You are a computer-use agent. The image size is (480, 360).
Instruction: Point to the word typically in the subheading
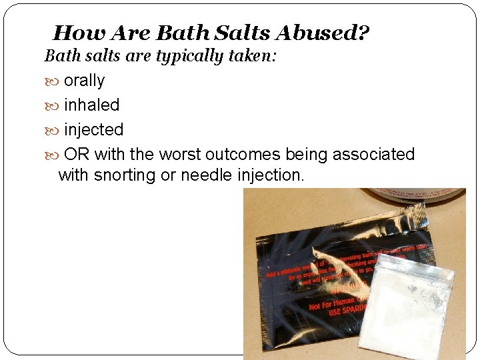click(x=189, y=56)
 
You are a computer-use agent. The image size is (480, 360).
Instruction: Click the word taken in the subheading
click(x=252, y=56)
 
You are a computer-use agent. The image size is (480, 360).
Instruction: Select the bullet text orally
click(x=84, y=81)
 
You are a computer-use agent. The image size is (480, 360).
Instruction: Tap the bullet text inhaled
click(x=91, y=105)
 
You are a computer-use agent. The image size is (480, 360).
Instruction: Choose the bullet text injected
click(x=93, y=130)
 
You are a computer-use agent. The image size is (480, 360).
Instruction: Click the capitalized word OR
click(x=77, y=155)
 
